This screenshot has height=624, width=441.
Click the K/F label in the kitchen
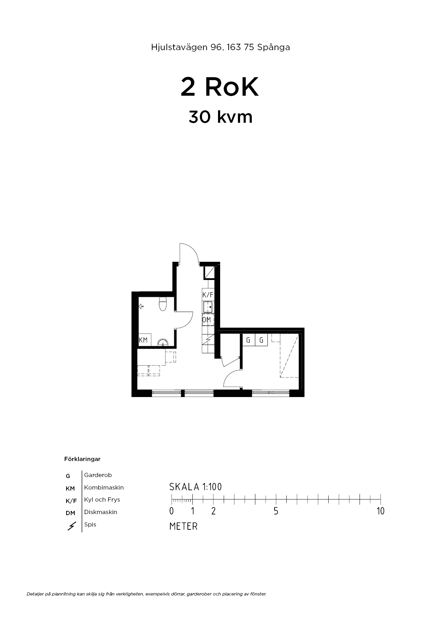pyautogui.click(x=208, y=295)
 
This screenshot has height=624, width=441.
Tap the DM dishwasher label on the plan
pyautogui.click(x=207, y=320)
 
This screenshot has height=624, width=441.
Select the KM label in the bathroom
pyautogui.click(x=143, y=340)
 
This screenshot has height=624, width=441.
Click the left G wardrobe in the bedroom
pyautogui.click(x=248, y=340)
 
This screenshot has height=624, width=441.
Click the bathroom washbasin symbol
pyautogui.click(x=163, y=343)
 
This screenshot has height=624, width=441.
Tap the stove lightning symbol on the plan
pyautogui.click(x=208, y=341)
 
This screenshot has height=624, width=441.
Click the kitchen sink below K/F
pyautogui.click(x=208, y=307)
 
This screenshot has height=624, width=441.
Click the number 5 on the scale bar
pyautogui.click(x=276, y=511)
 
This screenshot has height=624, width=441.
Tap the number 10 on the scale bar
pyautogui.click(x=381, y=511)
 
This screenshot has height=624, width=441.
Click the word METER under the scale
pyautogui.click(x=184, y=526)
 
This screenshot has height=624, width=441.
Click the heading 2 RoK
pyautogui.click(x=219, y=87)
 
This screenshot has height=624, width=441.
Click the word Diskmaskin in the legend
pyautogui.click(x=101, y=512)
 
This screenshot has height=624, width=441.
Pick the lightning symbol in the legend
pyautogui.click(x=71, y=526)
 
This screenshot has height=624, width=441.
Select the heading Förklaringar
pyautogui.click(x=82, y=459)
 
